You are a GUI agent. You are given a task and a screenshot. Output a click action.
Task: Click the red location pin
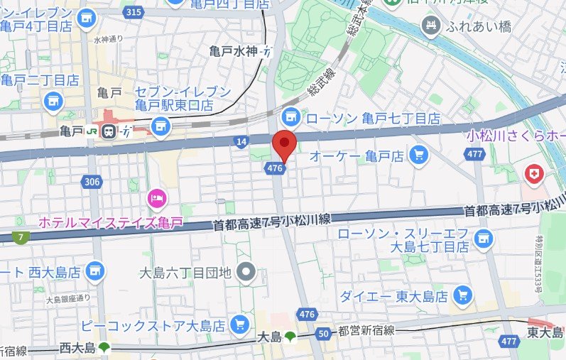click(285, 144)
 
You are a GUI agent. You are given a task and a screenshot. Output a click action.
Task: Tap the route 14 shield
click(242, 143)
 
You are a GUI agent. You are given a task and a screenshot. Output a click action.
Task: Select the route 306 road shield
click(91, 182)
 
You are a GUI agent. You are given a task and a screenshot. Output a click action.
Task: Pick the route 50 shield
click(323, 334)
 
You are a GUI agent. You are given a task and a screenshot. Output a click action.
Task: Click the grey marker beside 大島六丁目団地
click(246, 271)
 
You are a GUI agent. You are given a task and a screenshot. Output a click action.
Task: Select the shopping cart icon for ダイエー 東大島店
click(463, 295)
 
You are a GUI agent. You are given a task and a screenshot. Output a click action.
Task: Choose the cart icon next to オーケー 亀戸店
click(419, 153)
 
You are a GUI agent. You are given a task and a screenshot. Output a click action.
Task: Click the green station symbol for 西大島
click(105, 348)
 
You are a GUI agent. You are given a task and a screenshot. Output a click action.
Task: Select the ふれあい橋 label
click(475, 27)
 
